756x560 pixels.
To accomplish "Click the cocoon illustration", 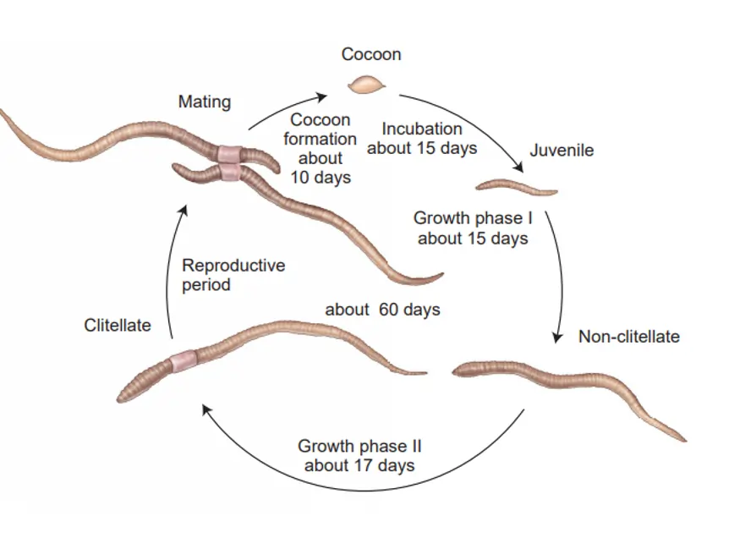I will (x=367, y=85).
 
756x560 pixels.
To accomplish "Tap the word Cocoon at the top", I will (x=371, y=55).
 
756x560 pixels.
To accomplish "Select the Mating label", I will (x=204, y=102).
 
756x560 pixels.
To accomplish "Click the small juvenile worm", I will (x=515, y=186).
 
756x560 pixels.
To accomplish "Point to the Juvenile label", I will (x=562, y=151).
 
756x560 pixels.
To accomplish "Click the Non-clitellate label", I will (x=628, y=337).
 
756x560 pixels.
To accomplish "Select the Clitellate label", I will (x=118, y=326).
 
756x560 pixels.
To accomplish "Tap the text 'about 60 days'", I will (x=382, y=310).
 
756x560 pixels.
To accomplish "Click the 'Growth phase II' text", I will (x=359, y=446).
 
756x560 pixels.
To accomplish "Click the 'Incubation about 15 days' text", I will (x=422, y=139).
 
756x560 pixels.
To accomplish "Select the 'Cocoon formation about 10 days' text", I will (x=320, y=149).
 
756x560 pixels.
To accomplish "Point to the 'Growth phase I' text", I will (x=473, y=218).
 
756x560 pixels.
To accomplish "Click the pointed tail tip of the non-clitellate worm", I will (x=682, y=438).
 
